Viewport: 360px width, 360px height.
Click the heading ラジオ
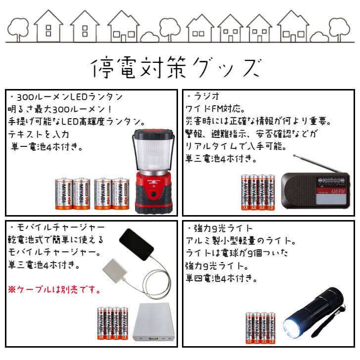pos(202,96)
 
